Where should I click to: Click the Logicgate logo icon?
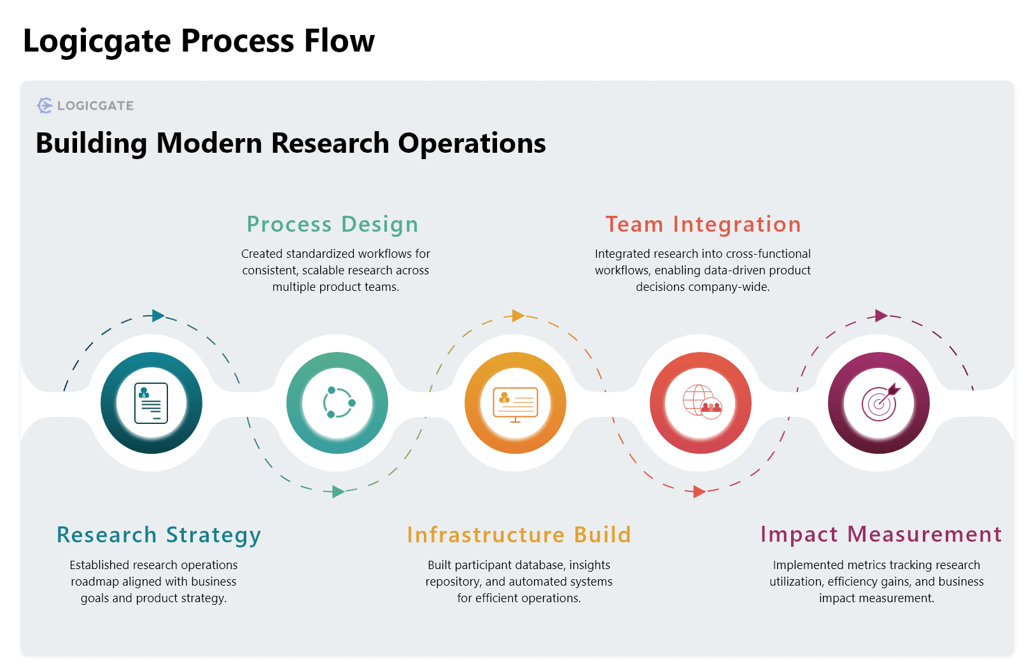click(x=45, y=106)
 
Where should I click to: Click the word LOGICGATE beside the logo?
click(x=95, y=106)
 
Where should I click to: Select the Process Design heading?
click(x=332, y=224)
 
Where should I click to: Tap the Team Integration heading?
click(x=703, y=224)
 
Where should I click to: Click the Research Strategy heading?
click(x=158, y=535)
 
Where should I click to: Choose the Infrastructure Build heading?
click(x=519, y=535)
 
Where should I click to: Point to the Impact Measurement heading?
click(x=881, y=534)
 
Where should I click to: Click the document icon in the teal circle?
click(x=151, y=403)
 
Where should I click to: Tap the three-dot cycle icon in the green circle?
click(x=338, y=403)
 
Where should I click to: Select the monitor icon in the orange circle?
click(x=515, y=404)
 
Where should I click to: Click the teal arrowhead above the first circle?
click(x=158, y=316)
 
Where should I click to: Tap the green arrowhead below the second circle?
click(x=338, y=491)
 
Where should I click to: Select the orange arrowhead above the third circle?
click(x=518, y=316)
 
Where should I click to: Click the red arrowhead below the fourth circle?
click(x=699, y=491)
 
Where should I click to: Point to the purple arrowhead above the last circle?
click(x=881, y=316)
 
